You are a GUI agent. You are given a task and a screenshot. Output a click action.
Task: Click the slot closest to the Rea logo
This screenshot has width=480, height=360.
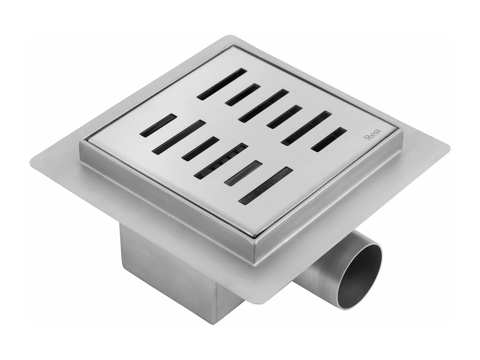(329, 140)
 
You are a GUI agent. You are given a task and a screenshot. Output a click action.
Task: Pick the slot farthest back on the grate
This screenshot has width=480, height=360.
(222, 84)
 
